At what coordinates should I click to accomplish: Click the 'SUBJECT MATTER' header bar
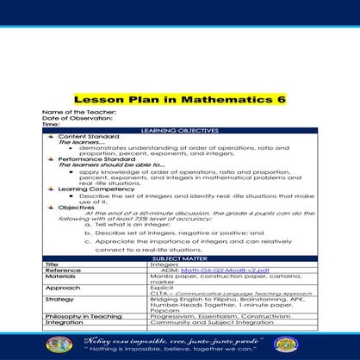click(x=180, y=258)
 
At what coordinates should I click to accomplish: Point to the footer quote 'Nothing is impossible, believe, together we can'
click(x=180, y=351)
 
